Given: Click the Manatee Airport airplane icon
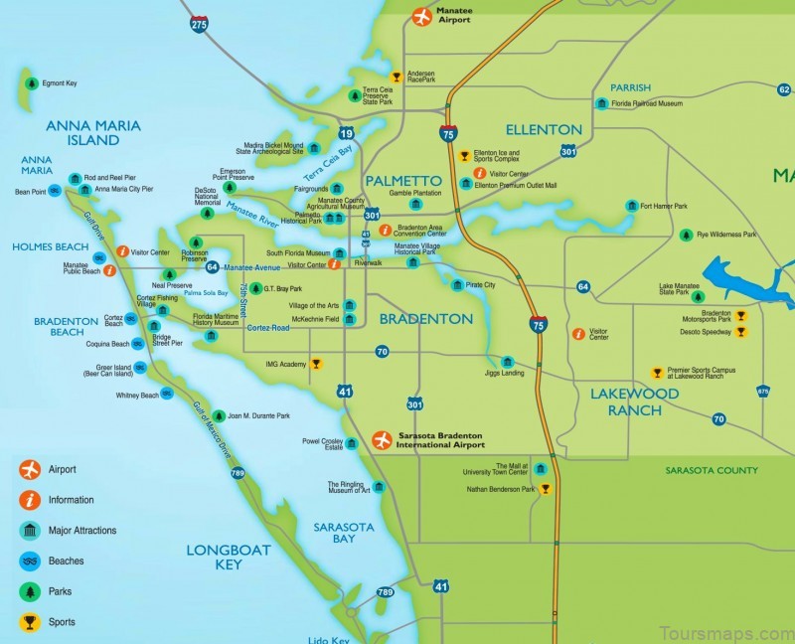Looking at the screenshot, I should pos(421,16).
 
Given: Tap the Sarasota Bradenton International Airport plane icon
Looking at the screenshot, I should pos(381,439).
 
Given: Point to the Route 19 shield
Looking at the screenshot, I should pos(346,133).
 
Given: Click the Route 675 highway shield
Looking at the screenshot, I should pos(762,392).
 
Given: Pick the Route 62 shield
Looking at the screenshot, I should pos(783,90).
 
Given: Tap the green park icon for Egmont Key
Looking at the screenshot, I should pos(32,83).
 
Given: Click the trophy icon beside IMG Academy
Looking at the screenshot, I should pos(316,365).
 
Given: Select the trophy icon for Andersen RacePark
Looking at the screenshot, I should pos(396,77).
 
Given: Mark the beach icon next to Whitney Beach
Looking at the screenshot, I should pos(166,395).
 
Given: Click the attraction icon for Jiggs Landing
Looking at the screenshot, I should pos(507,362).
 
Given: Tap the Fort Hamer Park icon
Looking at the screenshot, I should pos(631,207).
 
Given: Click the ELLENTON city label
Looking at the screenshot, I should pos(544,130).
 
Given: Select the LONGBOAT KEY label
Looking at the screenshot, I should pos(215,557).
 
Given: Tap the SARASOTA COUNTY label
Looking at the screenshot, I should pos(712,470).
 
